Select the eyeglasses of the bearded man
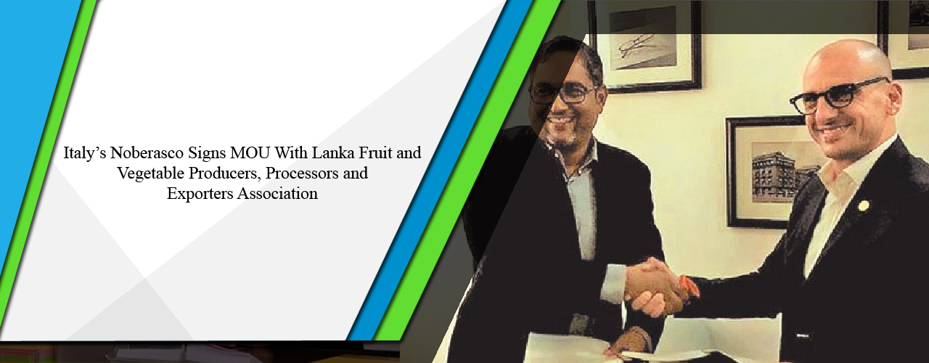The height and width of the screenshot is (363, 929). pos(563,92)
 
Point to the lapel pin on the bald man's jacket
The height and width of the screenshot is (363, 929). pos(863,205)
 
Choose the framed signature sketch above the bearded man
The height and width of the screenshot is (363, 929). pos(644,45)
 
